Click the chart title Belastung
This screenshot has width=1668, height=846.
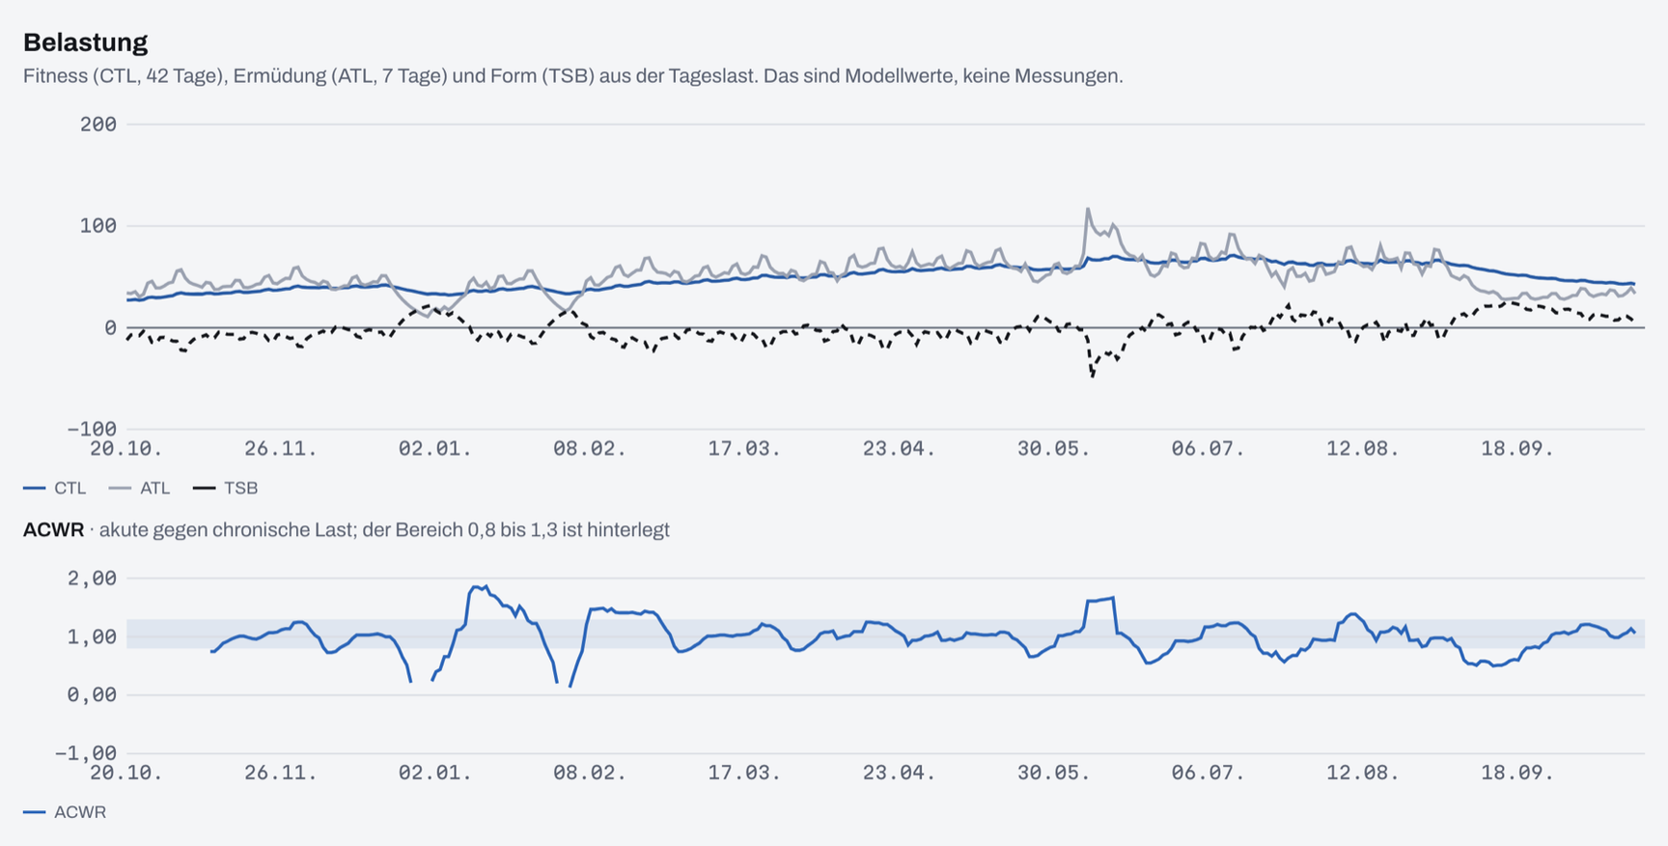coord(85,42)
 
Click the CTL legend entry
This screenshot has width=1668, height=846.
coord(55,489)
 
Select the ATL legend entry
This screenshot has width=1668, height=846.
coord(139,489)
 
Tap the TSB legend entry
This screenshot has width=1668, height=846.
coord(225,489)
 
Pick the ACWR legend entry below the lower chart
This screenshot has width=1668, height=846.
coord(65,812)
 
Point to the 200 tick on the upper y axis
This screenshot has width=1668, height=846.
coord(98,125)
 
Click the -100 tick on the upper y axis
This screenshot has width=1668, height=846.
coord(92,429)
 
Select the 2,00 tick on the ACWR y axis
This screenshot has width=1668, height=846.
coord(92,578)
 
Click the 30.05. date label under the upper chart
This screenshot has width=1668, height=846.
coord(1053,449)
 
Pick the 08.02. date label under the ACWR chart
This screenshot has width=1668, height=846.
coord(589,773)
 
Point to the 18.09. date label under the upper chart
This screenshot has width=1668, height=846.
coord(1517,449)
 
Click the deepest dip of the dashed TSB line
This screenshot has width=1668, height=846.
coord(1092,376)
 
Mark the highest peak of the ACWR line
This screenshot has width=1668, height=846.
coord(486,586)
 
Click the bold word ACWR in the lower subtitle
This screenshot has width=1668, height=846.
coord(53,530)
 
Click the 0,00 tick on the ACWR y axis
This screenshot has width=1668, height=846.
coord(92,695)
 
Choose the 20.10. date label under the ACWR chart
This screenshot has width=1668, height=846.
coord(125,773)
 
